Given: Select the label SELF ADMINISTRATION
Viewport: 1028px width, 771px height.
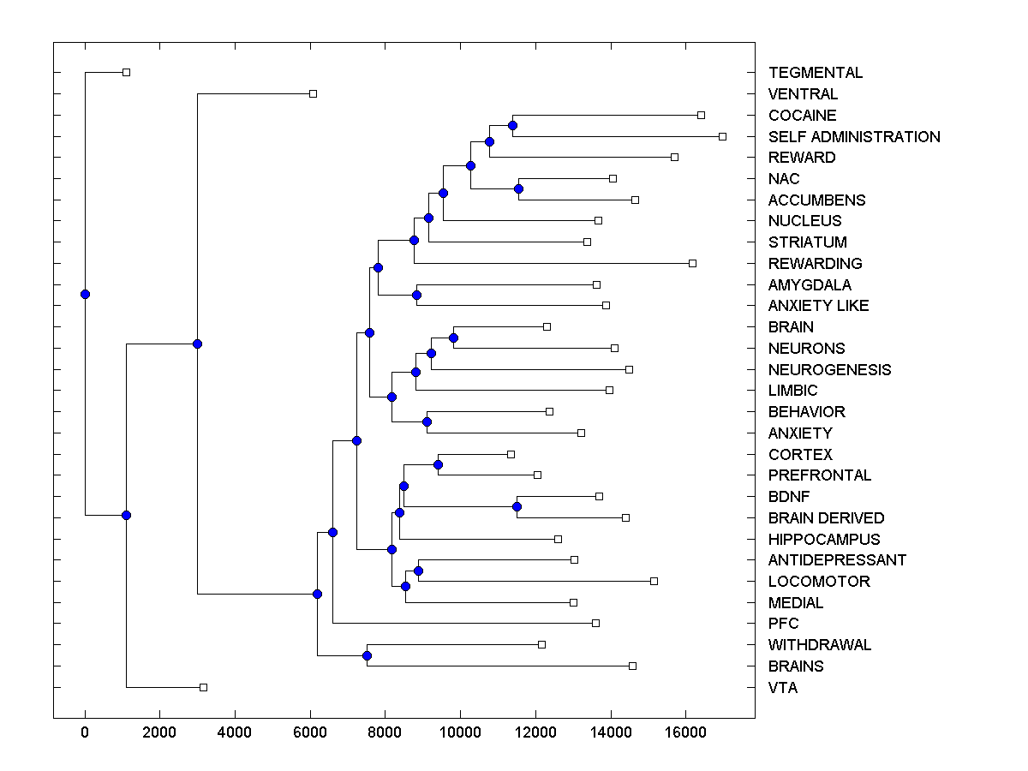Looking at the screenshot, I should tap(854, 137).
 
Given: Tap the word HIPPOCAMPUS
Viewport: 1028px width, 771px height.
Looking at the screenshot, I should tap(824, 540).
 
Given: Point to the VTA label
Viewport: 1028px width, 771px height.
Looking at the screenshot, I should tap(783, 688).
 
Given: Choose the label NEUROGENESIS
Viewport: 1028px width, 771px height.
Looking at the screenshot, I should tap(829, 370).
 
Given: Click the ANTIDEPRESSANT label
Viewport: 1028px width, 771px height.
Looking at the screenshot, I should tap(837, 560).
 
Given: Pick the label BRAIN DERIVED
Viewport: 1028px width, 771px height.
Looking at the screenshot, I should tap(826, 518).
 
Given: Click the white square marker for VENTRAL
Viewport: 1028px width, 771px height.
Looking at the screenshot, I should tap(313, 93).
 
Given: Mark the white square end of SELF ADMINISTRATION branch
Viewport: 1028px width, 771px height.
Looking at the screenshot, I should tap(722, 136).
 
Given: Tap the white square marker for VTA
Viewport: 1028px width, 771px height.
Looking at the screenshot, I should tap(203, 687).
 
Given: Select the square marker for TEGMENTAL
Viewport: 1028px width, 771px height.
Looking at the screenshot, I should tap(126, 72).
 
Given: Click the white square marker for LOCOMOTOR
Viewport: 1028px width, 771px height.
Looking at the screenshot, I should tap(654, 581).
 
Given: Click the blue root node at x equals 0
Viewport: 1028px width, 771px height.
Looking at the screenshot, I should tap(85, 294).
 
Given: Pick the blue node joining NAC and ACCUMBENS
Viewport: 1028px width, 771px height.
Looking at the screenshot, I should tap(518, 188).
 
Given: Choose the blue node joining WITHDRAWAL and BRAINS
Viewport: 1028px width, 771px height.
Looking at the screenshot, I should tap(367, 655).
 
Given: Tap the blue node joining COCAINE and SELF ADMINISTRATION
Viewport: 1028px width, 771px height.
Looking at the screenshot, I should tap(512, 126).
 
